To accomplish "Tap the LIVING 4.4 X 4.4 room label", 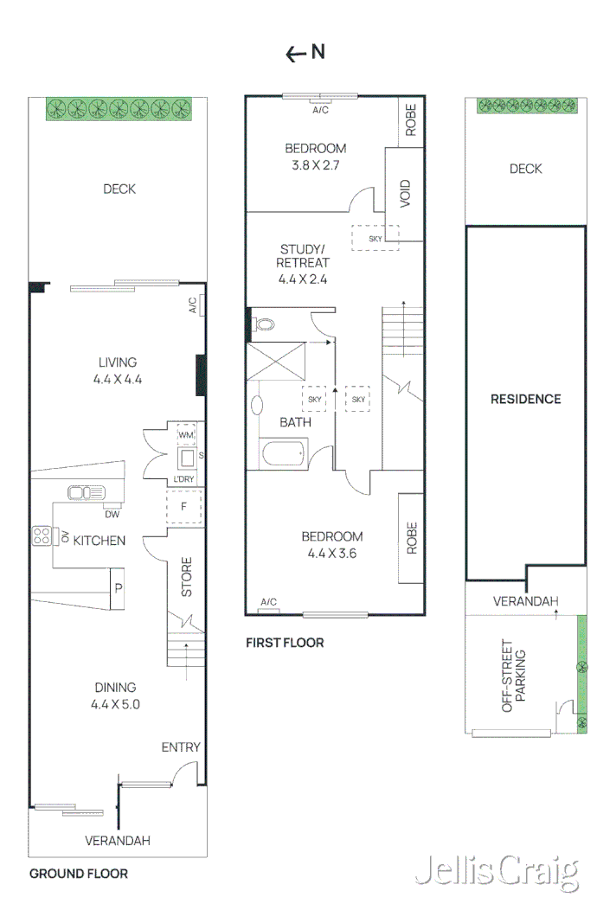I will point(118,369).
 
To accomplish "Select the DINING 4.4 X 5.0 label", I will point(117,695).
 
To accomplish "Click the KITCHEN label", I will point(99,541).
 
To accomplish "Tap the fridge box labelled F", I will point(183,507).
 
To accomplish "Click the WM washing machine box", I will point(186,434).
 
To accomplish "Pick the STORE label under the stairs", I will point(187,577).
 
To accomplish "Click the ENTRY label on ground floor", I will point(181,747).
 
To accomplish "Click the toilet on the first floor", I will point(266,325).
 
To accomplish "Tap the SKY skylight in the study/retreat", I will point(375,238).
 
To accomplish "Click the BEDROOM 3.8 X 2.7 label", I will point(315,156).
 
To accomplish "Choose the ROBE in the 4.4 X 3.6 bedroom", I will point(410,537).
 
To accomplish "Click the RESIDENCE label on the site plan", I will point(525,399).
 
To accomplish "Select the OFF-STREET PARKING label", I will point(515,676).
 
